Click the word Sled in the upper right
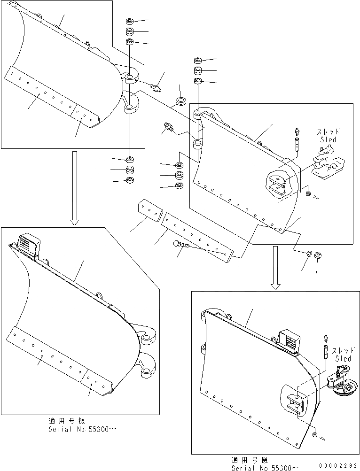click(329, 139)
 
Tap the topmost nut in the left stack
click(130, 22)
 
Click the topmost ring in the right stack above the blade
click(198, 61)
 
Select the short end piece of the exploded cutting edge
click(148, 209)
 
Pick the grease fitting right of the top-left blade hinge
click(156, 86)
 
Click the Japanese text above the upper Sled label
click(329, 132)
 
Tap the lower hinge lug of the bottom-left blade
click(148, 367)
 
